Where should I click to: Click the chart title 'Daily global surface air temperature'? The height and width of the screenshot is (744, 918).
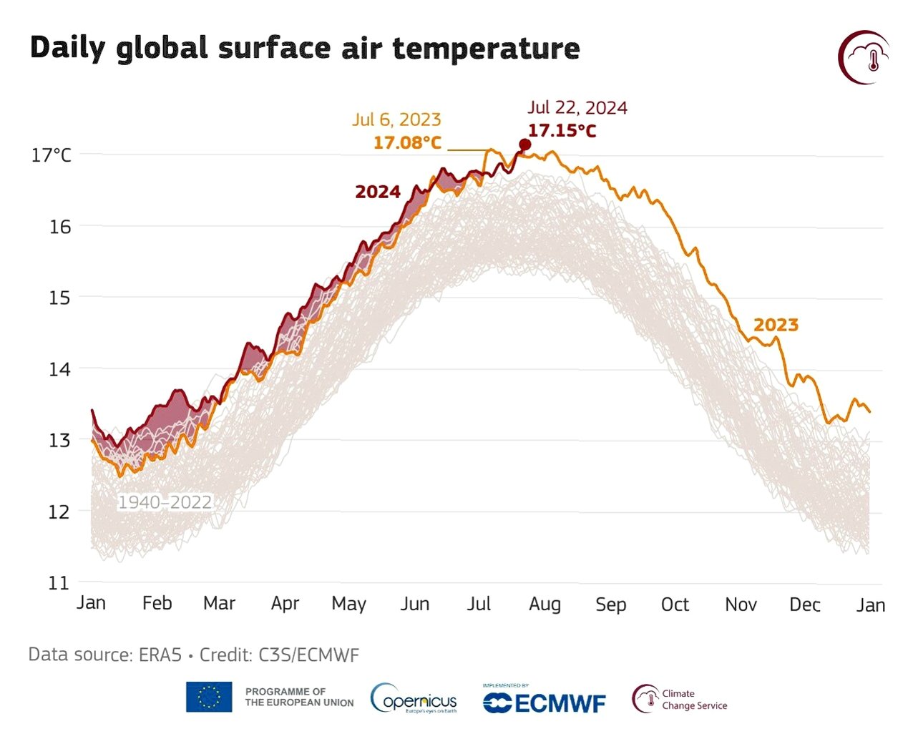pos(305,49)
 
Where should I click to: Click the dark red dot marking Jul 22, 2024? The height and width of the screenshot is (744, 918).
pos(524,145)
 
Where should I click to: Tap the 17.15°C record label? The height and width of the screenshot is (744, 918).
pos(562,131)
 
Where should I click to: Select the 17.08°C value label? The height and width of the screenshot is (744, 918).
pos(407,142)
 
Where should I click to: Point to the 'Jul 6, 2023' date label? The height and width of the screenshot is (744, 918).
pos(396,119)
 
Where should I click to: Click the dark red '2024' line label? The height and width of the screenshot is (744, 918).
pos(378,192)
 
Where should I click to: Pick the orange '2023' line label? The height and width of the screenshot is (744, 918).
pos(776,325)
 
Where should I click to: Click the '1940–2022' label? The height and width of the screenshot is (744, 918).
pos(165,502)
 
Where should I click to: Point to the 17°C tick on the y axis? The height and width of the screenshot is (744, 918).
pos(52,155)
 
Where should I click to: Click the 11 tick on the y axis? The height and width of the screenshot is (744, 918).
pos(59,583)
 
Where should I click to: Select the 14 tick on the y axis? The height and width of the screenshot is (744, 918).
pos(59,369)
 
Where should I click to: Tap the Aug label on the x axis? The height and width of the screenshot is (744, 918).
pos(545,604)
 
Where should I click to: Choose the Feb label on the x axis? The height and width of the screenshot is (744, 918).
pos(157,603)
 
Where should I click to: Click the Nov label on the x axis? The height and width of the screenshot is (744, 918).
pos(741,604)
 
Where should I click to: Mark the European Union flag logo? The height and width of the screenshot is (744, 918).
pos(209,697)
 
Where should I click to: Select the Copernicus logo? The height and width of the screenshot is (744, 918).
pos(414,699)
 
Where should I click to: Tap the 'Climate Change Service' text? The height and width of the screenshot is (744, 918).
pos(694,700)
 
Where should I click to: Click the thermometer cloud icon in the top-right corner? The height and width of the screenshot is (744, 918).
pos(864,57)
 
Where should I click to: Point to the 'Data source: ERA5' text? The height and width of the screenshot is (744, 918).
pos(104,655)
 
